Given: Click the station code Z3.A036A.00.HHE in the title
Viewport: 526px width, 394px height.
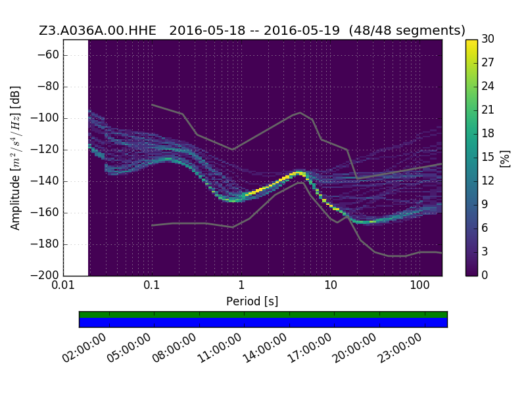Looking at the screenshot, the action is click(x=97, y=30).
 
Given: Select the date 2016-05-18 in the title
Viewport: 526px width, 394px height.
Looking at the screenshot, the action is click(x=207, y=30).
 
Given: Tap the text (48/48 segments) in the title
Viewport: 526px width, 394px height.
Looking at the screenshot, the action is click(x=407, y=30).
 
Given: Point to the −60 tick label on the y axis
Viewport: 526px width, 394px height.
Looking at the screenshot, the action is click(x=48, y=55).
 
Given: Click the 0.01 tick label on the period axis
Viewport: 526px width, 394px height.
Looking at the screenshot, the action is click(x=63, y=285).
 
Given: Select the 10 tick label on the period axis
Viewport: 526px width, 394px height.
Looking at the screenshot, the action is click(x=331, y=285).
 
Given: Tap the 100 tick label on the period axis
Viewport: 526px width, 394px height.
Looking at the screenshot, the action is click(x=419, y=285).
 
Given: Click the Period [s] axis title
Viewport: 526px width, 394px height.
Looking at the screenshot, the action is click(x=252, y=301).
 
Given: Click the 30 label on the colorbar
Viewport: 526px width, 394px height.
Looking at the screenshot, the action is click(x=488, y=39).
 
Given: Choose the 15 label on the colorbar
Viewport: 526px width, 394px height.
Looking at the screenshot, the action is click(x=488, y=157).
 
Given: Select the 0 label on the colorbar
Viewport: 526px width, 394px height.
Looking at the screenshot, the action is click(x=485, y=275).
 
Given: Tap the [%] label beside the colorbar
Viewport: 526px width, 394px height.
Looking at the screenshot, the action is click(x=505, y=159).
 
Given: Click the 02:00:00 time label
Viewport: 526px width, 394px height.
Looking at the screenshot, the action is click(x=84, y=348).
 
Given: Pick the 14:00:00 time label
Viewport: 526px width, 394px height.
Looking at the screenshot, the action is click(x=265, y=348).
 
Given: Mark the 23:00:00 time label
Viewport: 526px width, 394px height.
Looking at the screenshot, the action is click(x=400, y=348).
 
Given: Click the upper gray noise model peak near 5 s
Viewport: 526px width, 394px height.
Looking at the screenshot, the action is click(x=300, y=112).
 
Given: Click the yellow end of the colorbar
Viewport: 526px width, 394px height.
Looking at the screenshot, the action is click(x=471, y=43).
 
